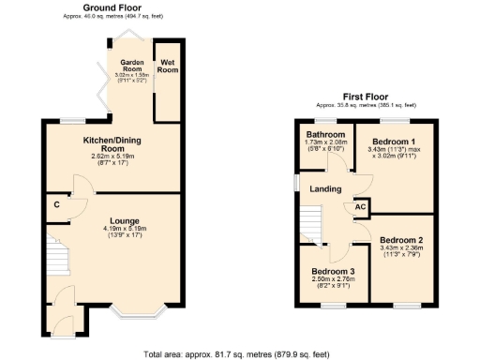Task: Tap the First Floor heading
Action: click(365, 97)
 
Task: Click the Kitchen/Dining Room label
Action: click(112, 144)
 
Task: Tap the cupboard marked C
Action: click(57, 204)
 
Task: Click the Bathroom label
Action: click(325, 134)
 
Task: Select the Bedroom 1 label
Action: click(395, 142)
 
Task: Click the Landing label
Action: click(325, 188)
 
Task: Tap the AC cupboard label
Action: click(360, 207)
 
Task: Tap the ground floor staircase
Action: click(58, 258)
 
